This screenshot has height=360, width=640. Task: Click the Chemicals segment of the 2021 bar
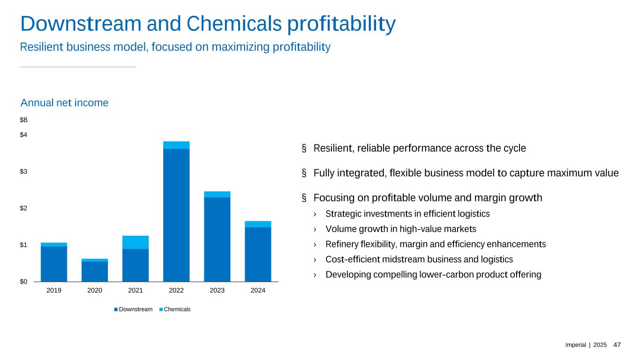click(x=136, y=242)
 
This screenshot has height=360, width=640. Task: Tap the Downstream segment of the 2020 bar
click(x=95, y=271)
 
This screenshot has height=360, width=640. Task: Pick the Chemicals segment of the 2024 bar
click(x=258, y=224)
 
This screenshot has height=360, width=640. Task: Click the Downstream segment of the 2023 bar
click(x=217, y=239)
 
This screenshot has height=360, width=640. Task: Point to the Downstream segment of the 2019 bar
click(x=54, y=264)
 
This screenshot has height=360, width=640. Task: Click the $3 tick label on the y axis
click(x=23, y=172)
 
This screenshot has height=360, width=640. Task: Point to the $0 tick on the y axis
click(x=23, y=281)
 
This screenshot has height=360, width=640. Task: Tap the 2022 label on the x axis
click(x=176, y=291)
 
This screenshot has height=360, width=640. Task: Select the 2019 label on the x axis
click(x=54, y=291)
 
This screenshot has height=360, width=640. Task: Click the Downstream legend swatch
click(x=115, y=309)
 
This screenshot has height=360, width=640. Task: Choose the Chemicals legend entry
click(x=177, y=309)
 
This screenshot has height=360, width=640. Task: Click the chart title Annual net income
click(x=64, y=103)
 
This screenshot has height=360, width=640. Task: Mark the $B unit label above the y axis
click(x=23, y=120)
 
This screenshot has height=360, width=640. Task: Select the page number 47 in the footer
click(x=617, y=345)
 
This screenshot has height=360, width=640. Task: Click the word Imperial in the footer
click(x=576, y=345)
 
